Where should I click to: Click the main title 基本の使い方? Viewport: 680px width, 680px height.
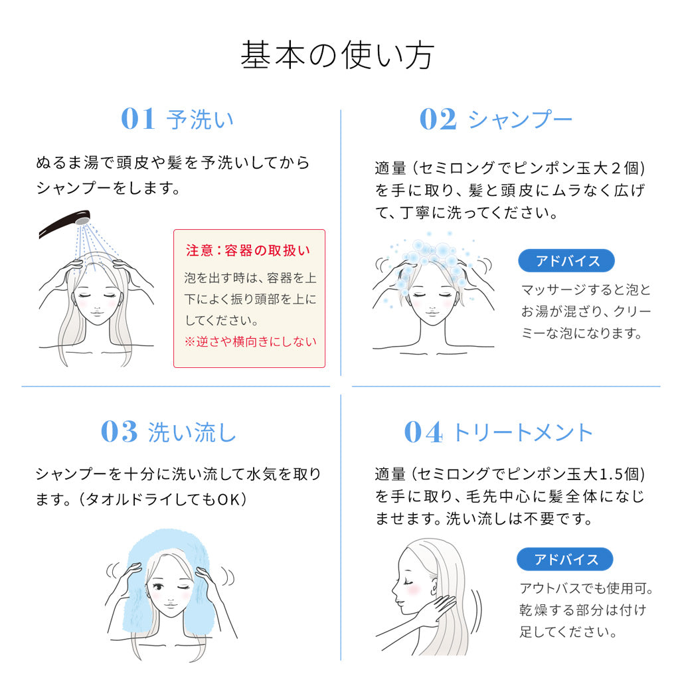337,55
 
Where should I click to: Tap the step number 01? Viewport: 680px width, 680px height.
138,118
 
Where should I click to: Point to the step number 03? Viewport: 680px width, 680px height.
120,432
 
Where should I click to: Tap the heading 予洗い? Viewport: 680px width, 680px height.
200,120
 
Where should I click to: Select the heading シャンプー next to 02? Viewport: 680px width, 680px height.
521,119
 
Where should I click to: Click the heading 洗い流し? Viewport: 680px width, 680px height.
192,432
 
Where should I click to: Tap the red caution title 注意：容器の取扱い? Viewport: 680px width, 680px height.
248,250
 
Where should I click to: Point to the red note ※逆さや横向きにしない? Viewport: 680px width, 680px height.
250,342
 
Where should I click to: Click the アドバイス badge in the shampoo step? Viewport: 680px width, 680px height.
566,260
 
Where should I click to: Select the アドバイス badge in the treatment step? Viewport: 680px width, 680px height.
565,559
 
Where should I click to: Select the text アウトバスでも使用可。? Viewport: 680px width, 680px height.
587,588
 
